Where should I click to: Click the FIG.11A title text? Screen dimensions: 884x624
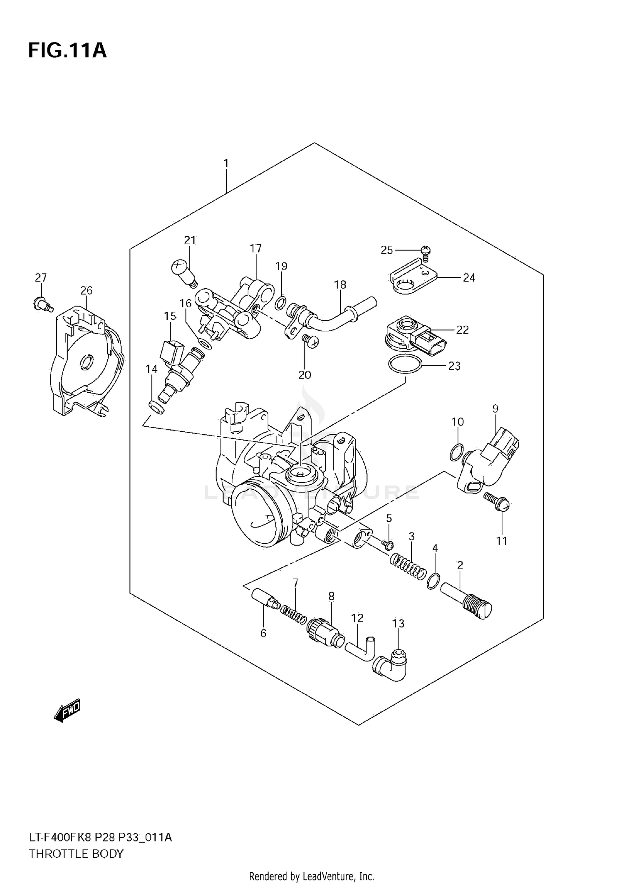tap(67, 50)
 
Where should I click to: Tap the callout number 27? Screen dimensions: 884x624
tap(41, 277)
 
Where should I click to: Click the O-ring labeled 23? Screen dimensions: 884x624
tap(405, 365)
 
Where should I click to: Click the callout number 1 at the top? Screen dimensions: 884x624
tap(226, 163)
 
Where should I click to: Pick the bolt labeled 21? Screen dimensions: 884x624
tap(183, 271)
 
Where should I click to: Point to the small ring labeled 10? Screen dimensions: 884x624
tap(456, 452)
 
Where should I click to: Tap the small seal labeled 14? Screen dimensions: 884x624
tap(156, 407)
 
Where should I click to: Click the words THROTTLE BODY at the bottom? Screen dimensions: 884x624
tap(76, 854)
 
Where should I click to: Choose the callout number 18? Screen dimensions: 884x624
tap(340, 285)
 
